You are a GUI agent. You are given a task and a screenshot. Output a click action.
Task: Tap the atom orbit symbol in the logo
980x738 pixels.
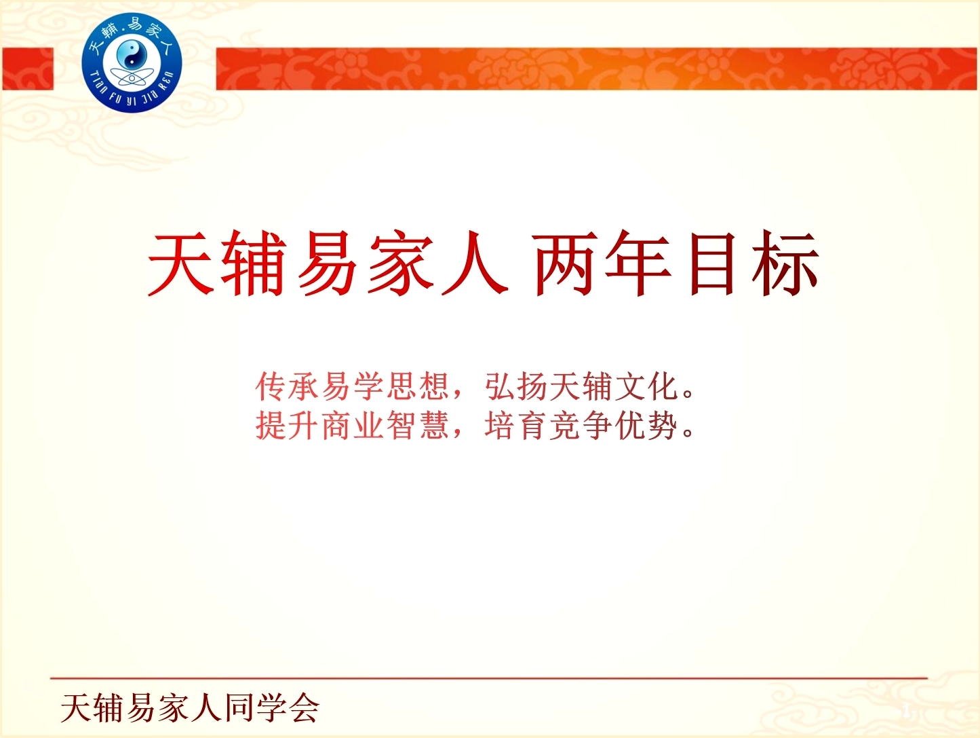tap(132, 79)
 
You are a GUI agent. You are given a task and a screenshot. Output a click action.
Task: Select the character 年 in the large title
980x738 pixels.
tap(637, 264)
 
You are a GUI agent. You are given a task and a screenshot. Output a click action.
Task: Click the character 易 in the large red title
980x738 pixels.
tap(328, 264)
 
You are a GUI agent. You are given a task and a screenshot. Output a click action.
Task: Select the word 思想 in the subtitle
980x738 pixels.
tap(417, 386)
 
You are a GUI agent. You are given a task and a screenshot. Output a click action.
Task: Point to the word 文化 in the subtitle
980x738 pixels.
tap(646, 386)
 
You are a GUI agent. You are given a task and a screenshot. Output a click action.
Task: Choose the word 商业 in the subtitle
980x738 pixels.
tap(352, 426)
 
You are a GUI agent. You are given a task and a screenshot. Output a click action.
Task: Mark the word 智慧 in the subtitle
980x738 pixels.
tap(417, 426)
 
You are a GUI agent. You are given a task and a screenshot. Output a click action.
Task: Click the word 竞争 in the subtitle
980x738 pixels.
tap(581, 426)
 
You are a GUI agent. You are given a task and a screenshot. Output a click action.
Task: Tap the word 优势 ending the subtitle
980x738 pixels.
tap(646, 426)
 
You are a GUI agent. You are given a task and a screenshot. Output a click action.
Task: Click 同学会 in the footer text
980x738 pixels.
tap(272, 707)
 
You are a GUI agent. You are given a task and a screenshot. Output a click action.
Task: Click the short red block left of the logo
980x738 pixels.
tap(27, 69)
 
